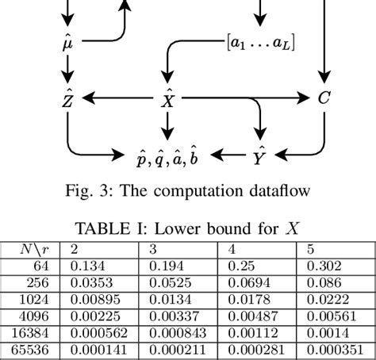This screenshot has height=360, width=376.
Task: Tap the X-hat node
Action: tap(167, 98)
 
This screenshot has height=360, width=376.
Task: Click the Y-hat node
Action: tap(259, 154)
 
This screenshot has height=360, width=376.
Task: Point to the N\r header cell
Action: tap(36, 248)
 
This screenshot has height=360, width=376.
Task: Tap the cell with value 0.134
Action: tap(88, 264)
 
